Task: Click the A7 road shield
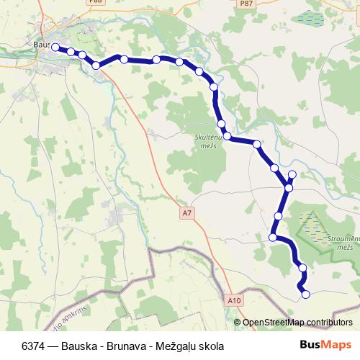[186, 213]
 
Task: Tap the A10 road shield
[233, 300]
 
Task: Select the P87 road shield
[246, 4]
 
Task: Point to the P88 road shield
[114, 3]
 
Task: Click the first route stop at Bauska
[55, 48]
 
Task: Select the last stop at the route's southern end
[305, 294]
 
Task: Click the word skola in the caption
[214, 346]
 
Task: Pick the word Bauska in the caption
[78, 346]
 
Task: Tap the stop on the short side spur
[292, 175]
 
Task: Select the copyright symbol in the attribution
[238, 322]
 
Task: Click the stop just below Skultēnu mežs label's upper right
[228, 135]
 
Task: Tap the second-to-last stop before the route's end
[302, 268]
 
